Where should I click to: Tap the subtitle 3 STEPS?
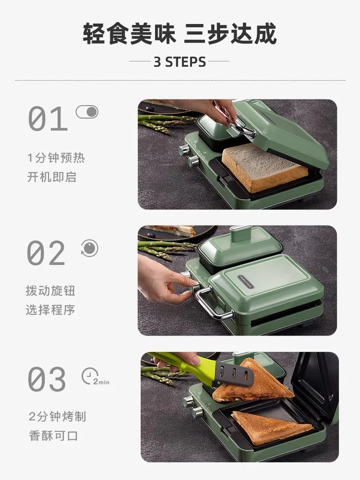180,62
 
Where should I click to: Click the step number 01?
48,119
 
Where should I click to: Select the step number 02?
46,253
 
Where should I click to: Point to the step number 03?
47,379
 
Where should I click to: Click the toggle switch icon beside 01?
87,112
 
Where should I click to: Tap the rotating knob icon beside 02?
89,248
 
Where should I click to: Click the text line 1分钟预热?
56,157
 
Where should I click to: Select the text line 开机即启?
51,177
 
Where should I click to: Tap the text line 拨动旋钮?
50,291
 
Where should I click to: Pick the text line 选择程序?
50,310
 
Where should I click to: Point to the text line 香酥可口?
52,436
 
